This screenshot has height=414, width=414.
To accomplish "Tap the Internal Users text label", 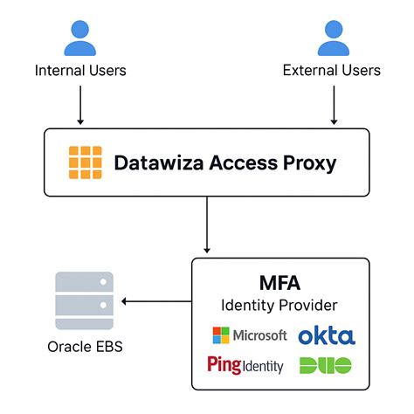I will [79, 70].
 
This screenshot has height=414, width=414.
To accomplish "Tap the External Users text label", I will [332, 70].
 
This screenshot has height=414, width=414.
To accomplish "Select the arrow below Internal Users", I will [79, 104].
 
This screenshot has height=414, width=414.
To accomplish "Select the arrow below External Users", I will [333, 104].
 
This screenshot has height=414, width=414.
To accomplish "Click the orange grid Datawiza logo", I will [86, 162].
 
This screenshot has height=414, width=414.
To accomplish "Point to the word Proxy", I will [305, 162].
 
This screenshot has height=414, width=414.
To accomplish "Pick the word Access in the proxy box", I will [238, 162].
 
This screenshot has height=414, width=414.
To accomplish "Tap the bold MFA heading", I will [279, 284].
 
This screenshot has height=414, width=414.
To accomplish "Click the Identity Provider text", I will [279, 306].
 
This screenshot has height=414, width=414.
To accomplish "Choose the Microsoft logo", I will [249, 335].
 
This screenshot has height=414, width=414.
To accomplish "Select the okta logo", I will [326, 335].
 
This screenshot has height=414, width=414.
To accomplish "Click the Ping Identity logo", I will [246, 364].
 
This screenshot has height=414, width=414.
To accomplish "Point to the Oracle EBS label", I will [84, 347].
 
